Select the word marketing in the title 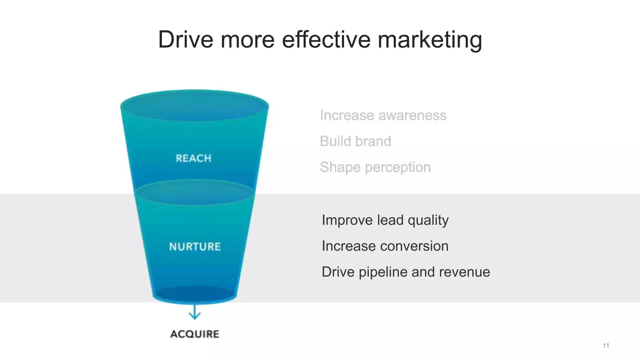coord(430,40)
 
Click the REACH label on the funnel coord(193,158)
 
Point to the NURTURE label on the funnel coord(195,247)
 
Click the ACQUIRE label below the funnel coord(195,334)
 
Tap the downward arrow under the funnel coord(195,312)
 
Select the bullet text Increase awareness coord(383,115)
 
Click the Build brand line coord(355,141)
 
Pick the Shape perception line coord(375,167)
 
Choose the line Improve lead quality coord(385,220)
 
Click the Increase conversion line coord(385,246)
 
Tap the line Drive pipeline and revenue coord(406,272)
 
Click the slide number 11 coord(606,345)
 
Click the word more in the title coord(247,40)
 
